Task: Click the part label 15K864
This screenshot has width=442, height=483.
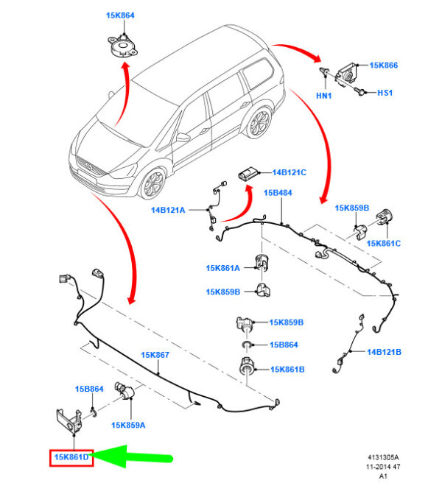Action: (120, 15)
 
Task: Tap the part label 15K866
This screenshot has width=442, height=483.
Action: (383, 66)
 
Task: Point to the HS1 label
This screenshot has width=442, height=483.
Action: (385, 94)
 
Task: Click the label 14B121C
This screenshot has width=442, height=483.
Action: (290, 172)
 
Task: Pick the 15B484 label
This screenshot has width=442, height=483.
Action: (278, 192)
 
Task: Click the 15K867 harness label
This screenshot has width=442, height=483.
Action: (155, 355)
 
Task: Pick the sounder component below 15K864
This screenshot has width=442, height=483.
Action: (120, 49)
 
